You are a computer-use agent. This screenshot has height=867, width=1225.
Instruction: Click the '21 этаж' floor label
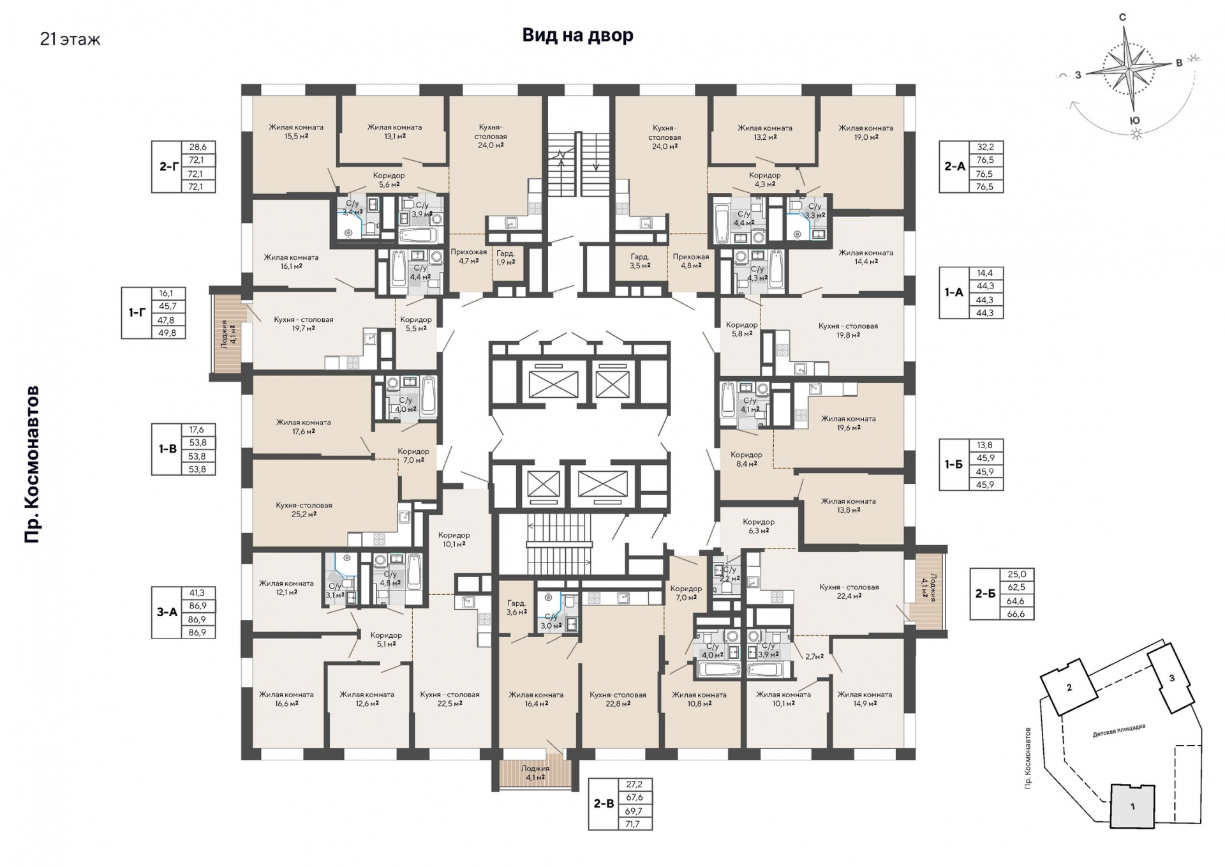tap(70, 40)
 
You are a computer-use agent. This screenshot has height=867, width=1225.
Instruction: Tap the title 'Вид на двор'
tap(577, 35)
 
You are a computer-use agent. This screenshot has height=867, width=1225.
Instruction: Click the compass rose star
tap(1129, 66)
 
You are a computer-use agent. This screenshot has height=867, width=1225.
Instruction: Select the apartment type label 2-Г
tap(168, 167)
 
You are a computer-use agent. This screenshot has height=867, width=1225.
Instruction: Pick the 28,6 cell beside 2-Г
tap(198, 147)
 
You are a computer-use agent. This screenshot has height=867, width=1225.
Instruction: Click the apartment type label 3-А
tap(167, 612)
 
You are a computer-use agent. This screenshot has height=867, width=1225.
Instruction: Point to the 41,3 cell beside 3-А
tap(198, 592)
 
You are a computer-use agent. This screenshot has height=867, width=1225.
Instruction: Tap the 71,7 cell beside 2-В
tap(635, 824)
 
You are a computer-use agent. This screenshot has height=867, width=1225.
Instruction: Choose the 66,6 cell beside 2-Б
tap(1016, 614)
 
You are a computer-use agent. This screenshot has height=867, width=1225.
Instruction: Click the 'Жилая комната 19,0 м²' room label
tap(866, 132)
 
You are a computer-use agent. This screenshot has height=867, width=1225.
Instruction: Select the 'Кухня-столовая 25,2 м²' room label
tap(304, 509)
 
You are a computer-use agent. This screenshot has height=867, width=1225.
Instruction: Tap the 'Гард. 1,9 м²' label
tap(505, 257)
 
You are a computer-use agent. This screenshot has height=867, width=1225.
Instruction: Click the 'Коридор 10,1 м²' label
tap(454, 539)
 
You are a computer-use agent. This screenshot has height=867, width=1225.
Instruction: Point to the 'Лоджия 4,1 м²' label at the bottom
tap(535, 773)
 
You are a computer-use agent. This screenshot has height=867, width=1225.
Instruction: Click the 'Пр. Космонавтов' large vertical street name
tap(32, 464)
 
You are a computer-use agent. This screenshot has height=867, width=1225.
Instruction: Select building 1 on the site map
tap(1132, 806)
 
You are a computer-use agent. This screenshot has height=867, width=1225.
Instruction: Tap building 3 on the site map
tap(1171, 679)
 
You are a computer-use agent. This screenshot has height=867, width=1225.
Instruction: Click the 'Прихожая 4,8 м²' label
tap(691, 261)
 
